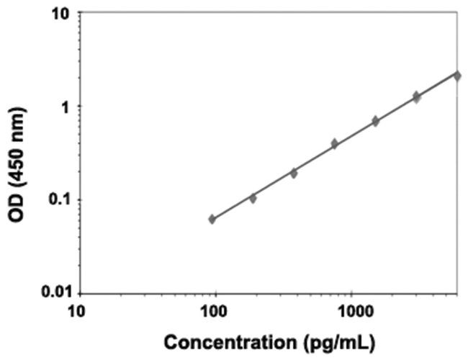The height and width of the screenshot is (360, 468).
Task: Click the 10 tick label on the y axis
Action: (x=60, y=14)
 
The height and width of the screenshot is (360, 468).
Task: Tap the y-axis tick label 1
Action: (x=63, y=107)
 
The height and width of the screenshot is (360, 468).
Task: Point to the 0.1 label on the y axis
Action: (x=57, y=199)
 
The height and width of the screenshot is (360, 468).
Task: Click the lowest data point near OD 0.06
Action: (x=212, y=219)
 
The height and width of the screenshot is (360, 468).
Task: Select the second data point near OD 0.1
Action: (x=253, y=198)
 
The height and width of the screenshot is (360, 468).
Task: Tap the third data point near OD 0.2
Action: (x=294, y=173)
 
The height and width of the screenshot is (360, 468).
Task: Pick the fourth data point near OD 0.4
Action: (x=335, y=144)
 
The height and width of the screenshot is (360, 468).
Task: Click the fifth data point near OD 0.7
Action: (x=375, y=121)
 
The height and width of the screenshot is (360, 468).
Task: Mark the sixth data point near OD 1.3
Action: (x=416, y=96)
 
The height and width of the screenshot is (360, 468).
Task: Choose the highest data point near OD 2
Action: (x=457, y=76)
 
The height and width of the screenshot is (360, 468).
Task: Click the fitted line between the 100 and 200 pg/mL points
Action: (x=233, y=207)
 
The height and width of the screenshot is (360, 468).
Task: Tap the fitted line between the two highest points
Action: (x=437, y=84)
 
